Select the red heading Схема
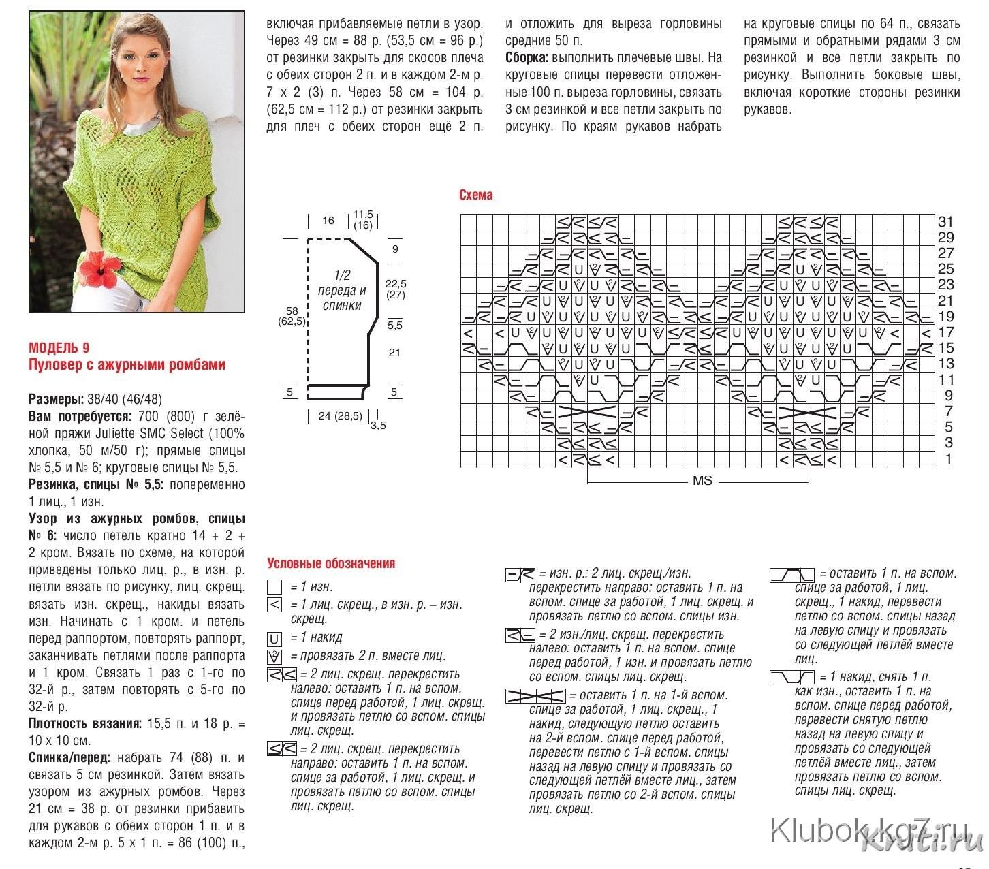(x=475, y=195)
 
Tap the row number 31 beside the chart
(x=945, y=222)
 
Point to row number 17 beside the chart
(x=945, y=333)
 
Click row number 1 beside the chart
(x=948, y=460)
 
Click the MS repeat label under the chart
(x=702, y=481)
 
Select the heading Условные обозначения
(x=331, y=563)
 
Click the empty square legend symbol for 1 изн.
(x=274, y=587)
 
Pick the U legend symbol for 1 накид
(x=274, y=639)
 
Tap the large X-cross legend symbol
(x=535, y=696)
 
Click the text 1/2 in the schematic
(x=341, y=275)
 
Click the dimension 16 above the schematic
(x=328, y=221)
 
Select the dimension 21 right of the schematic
(x=394, y=353)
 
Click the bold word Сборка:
(x=527, y=58)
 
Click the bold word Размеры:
(x=56, y=399)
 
